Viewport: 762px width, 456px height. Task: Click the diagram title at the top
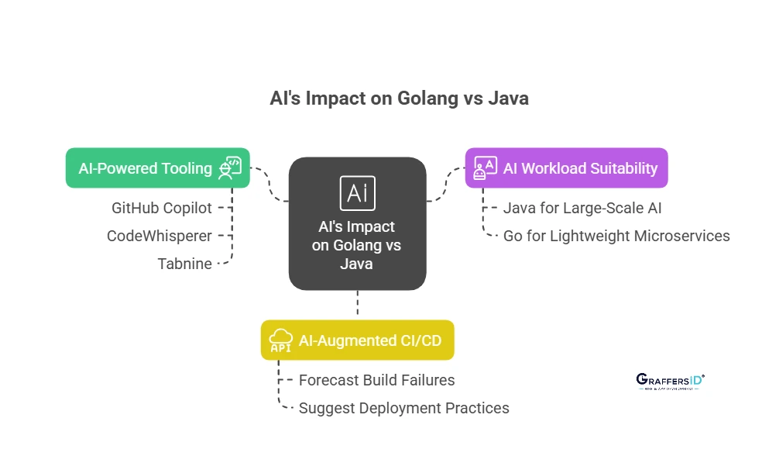point(399,98)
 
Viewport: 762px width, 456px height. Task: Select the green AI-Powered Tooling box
point(157,168)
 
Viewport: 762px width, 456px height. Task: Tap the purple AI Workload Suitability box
point(566,168)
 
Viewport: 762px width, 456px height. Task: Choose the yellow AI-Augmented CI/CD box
point(357,340)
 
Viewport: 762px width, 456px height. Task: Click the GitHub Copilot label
point(161,208)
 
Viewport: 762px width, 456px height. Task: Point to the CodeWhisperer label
point(159,236)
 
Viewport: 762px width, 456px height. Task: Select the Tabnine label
point(184,264)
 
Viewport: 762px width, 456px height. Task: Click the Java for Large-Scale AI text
point(582,208)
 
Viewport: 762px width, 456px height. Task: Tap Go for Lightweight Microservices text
point(616,236)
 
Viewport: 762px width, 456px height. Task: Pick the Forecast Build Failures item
point(376,380)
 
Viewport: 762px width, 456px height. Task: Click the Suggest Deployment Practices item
point(403,408)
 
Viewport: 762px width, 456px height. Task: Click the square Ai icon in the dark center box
point(357,193)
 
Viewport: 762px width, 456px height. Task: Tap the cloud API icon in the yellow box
point(280,340)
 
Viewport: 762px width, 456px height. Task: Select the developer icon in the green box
point(229,168)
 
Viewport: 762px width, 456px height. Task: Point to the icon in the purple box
point(486,168)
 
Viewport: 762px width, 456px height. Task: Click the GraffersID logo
point(670,381)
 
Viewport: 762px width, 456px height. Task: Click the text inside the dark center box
point(357,245)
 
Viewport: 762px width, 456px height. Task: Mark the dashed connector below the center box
point(357,303)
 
